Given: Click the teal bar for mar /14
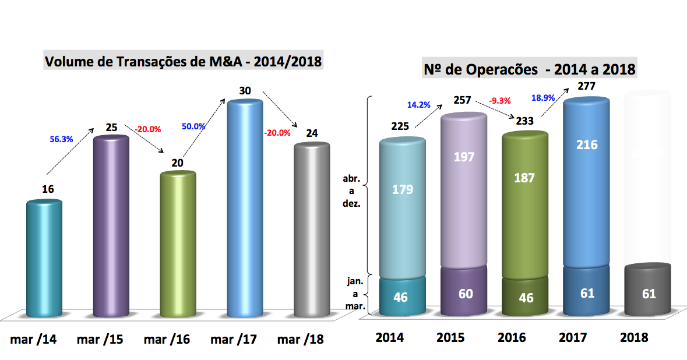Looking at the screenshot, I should coord(45,259).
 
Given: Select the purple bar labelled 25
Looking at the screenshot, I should coord(111,227).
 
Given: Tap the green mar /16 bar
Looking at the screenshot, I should coord(178,245).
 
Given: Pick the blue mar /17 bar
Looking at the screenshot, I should coord(245,210).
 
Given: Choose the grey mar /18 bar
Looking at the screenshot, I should coord(312,230).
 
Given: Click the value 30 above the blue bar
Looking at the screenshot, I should coord(245,90).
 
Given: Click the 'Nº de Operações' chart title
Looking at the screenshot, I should coord(529,69).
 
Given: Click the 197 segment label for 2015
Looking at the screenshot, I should coord(464,156).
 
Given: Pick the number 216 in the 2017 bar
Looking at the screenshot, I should coord(586,144).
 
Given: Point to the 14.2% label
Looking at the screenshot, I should coord(418,105).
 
